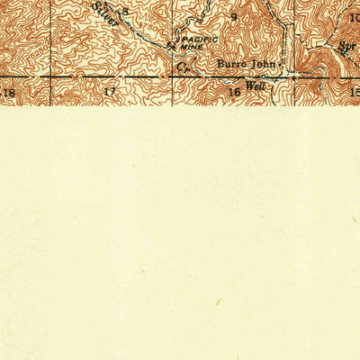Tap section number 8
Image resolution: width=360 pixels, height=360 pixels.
point(126,12)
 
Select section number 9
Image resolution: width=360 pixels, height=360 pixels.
point(234,16)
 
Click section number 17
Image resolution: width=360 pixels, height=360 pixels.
point(110,93)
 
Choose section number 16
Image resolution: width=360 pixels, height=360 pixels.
point(234,93)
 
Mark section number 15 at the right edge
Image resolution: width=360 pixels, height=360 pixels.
point(354,92)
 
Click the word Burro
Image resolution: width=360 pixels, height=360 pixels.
point(232,65)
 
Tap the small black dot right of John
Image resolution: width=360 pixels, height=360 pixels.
point(282,65)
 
